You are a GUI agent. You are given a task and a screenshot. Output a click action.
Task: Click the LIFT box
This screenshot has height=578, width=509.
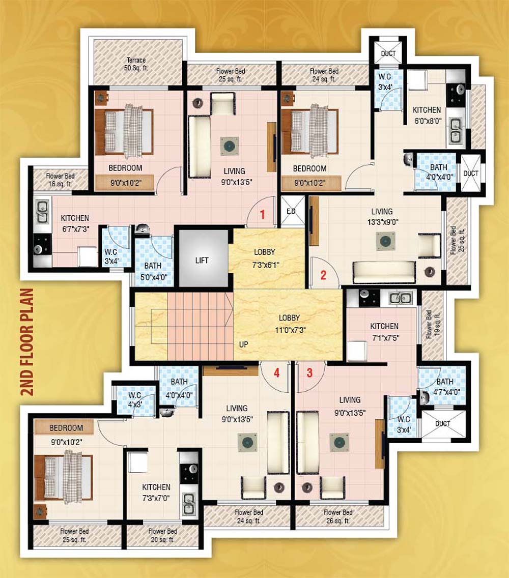(x=202, y=260)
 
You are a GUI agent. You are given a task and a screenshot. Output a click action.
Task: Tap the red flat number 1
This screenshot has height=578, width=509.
(x=263, y=214)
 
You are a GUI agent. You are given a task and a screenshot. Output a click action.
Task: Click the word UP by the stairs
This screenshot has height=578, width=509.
(x=243, y=344)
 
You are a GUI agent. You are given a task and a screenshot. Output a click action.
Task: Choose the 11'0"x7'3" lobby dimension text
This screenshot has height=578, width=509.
(x=289, y=329)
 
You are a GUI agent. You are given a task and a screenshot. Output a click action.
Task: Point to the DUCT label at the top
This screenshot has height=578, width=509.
(x=388, y=53)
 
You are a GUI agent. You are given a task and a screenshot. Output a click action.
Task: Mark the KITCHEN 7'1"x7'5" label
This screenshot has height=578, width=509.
(x=384, y=331)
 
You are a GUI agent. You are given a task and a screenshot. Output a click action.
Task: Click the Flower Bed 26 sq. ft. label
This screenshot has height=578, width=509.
(x=338, y=516)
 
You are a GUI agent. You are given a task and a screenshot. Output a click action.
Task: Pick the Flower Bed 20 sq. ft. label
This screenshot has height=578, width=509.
(x=162, y=535)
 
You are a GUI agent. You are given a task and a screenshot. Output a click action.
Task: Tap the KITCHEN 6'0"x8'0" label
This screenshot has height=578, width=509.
(x=427, y=114)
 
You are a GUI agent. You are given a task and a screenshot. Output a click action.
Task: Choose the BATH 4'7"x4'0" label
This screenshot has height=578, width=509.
(x=444, y=387)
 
